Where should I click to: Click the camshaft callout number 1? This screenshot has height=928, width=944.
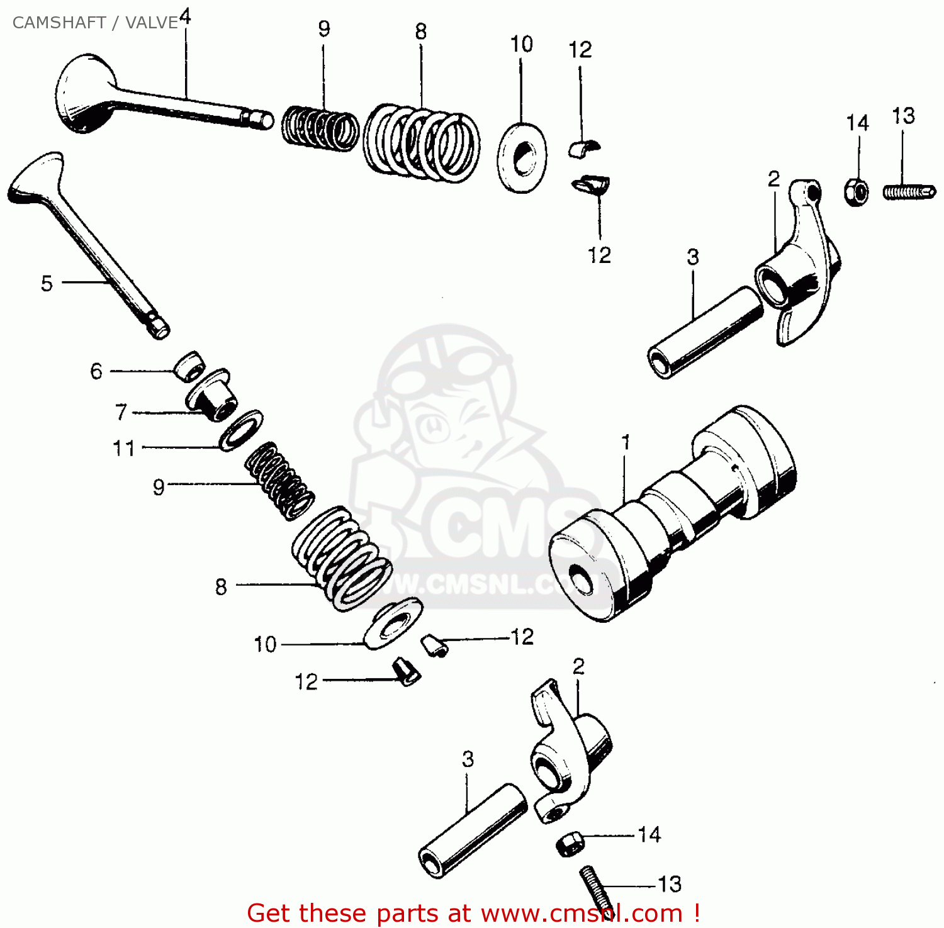coord(626,443)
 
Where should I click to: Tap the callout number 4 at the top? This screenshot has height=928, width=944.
coord(185,16)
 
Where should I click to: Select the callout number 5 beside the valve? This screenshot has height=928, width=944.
coord(47,284)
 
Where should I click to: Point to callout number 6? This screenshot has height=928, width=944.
coord(96,371)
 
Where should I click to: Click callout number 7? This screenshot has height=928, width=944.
coord(121,412)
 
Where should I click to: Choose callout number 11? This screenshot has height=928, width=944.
coord(124,449)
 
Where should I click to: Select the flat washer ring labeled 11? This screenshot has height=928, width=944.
coord(241,430)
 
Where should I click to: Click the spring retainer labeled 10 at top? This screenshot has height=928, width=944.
coord(522,158)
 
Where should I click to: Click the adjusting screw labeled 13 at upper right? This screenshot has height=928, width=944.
coord(909,191)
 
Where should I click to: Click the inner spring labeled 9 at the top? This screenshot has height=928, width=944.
coord(319,128)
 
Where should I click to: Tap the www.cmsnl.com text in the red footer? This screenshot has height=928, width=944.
coord(582,913)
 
